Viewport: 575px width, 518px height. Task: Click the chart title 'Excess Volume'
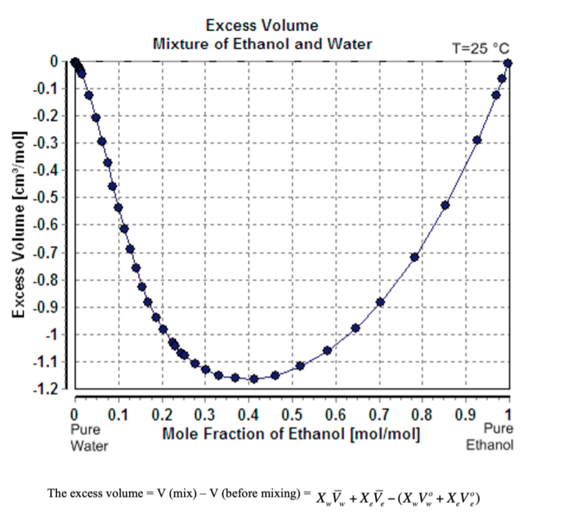pos(262,25)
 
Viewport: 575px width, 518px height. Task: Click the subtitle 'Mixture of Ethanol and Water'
pos(262,44)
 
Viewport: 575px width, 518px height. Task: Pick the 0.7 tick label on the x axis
pos(377,414)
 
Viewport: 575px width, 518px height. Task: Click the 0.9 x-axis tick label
pos(464,414)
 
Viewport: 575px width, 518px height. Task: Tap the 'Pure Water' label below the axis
pos(89,437)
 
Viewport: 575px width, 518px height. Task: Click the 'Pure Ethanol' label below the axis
pos(489,437)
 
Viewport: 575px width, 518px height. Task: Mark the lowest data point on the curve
pos(254,379)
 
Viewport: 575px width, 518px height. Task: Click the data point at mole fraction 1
pos(508,63)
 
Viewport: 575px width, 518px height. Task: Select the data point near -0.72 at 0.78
pos(414,257)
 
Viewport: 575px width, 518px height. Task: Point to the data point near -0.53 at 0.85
pos(445,205)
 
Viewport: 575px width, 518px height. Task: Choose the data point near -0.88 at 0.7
pos(380,302)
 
